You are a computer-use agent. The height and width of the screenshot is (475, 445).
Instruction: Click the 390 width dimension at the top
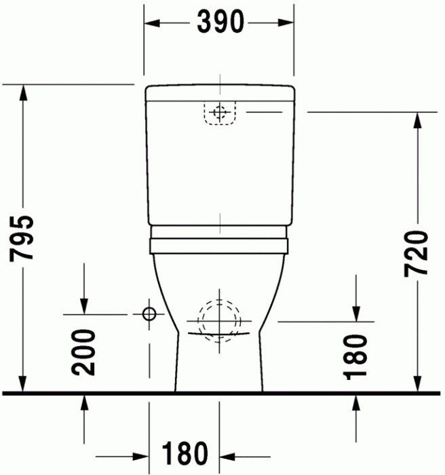220,23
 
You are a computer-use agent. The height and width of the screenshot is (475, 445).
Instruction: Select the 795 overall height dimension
24,238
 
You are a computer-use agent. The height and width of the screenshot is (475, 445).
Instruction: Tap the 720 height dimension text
416,252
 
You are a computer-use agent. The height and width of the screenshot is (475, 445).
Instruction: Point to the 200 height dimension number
84,352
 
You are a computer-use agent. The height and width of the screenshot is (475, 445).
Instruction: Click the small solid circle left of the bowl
149,313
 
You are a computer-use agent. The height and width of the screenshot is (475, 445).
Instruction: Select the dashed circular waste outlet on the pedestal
218,320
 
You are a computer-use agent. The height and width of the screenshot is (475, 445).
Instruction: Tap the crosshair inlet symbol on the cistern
218,113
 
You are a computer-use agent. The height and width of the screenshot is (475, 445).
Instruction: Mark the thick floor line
222,393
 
